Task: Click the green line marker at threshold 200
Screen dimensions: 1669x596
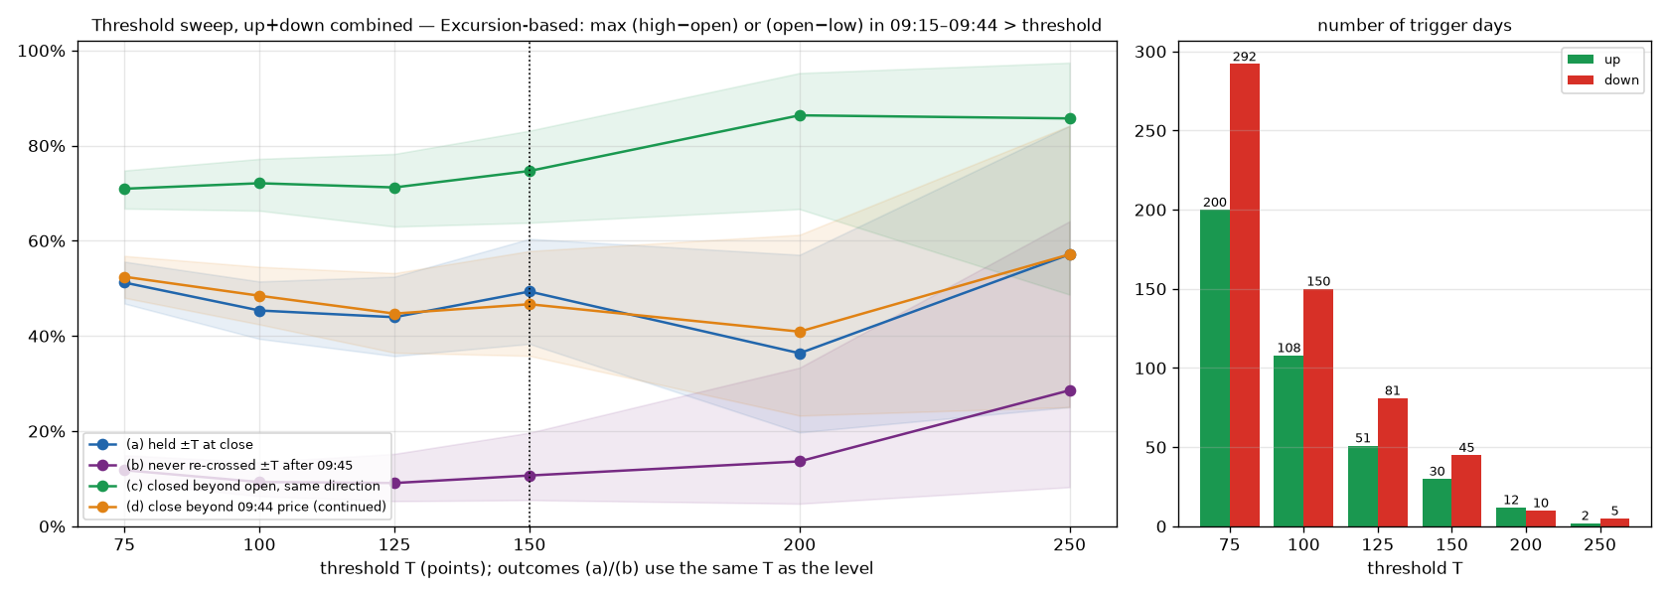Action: [801, 115]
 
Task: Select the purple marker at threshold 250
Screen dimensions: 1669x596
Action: [1070, 391]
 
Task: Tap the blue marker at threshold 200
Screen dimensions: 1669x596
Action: [801, 354]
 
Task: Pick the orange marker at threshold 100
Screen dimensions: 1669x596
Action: [259, 296]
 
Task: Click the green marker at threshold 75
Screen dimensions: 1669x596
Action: [124, 189]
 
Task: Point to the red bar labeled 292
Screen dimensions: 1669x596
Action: [1244, 295]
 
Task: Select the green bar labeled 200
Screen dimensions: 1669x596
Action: [1215, 368]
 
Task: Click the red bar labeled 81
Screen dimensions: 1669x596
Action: [1393, 463]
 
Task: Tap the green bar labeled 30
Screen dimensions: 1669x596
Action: [1438, 503]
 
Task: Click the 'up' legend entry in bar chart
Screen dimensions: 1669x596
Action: [1594, 60]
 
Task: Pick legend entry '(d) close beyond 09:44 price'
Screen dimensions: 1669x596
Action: [236, 507]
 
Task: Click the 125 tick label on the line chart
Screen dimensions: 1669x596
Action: [395, 545]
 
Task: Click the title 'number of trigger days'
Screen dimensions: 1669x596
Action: [1415, 26]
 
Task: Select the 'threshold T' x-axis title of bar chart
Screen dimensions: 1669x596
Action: [1415, 568]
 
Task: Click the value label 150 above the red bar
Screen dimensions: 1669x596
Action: [1318, 282]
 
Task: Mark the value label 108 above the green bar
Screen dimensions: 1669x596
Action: [1290, 348]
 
